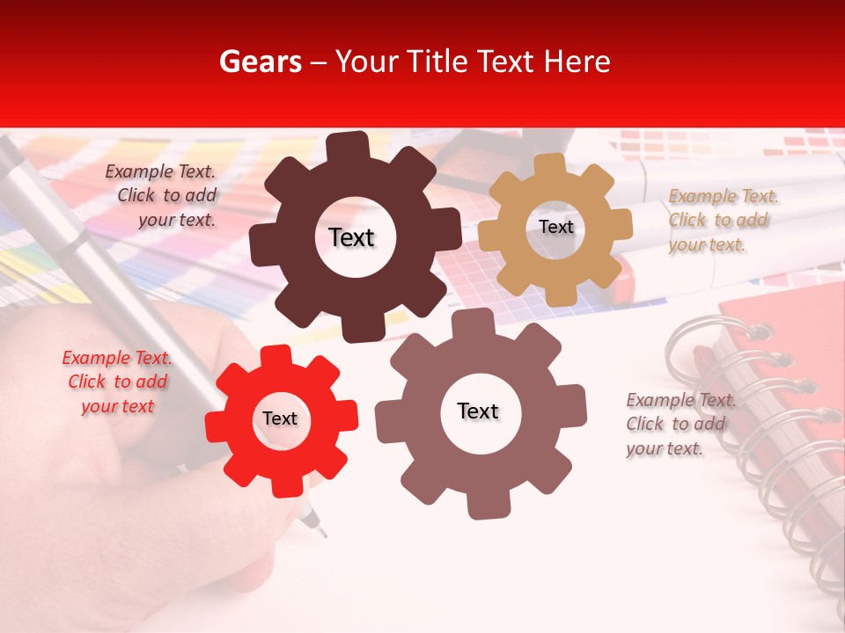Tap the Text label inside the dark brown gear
pos(351,237)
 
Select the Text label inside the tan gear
pos(555,227)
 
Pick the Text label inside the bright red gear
pos(280,418)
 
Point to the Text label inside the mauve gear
pos(478,411)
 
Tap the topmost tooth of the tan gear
pos(551,164)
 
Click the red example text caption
pos(117,382)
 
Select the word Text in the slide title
pos(504,62)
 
